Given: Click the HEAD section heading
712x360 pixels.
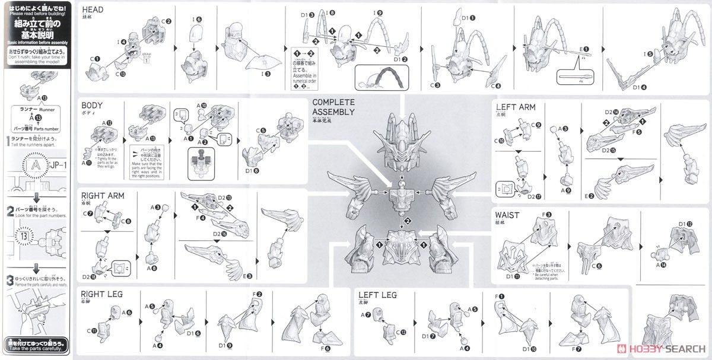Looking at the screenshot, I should click(94, 10).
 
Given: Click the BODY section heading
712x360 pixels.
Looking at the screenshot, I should click(93, 105).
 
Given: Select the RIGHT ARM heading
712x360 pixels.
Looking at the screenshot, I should click(103, 195).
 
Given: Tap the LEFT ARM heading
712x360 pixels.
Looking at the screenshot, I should click(516, 107).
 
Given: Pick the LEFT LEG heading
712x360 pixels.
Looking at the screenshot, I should click(377, 295).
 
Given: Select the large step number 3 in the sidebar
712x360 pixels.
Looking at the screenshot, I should click(9, 279).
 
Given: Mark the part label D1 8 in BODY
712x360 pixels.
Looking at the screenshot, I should click(252, 171).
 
